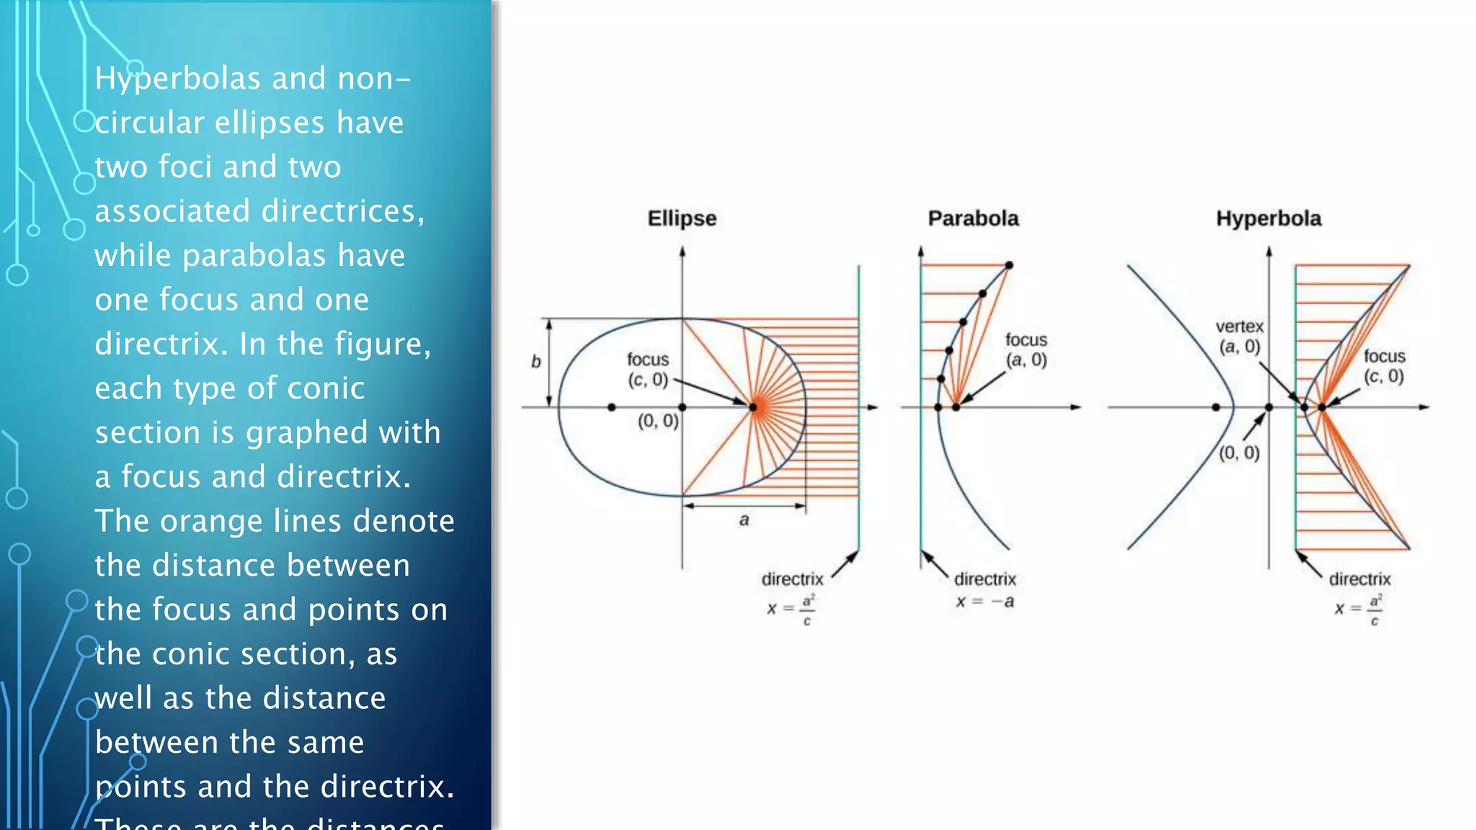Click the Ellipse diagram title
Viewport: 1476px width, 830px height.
tap(682, 218)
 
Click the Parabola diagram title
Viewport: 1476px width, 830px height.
tap(973, 218)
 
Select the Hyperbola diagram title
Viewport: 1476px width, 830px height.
tap(1268, 218)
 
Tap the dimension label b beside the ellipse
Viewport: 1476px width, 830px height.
tap(535, 362)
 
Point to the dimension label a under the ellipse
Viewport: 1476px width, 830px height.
tap(744, 519)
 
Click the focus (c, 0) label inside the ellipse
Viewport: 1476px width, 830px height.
tap(648, 370)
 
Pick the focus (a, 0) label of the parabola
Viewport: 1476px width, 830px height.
tap(1026, 349)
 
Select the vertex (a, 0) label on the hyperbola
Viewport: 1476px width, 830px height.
tap(1240, 336)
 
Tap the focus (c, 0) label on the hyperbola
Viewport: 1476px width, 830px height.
tap(1384, 366)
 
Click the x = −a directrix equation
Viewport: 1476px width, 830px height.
tap(985, 602)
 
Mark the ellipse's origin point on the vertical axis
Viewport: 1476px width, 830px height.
tap(683, 407)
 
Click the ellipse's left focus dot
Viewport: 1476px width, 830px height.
tap(612, 407)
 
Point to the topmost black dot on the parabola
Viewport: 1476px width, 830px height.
tap(1009, 265)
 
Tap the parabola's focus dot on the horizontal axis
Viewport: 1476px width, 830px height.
tap(956, 407)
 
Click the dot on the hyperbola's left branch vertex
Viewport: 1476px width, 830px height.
tap(1216, 407)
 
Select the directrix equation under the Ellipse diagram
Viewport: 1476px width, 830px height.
tap(791, 609)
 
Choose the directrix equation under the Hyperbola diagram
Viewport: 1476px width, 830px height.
tap(1359, 609)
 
